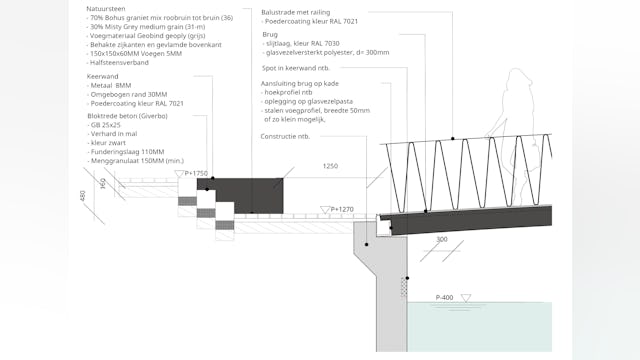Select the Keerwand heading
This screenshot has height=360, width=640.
[x=105, y=76]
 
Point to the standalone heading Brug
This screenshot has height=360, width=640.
[x=266, y=33]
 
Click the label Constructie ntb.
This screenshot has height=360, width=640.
[x=285, y=136]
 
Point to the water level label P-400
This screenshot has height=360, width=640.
[x=447, y=297]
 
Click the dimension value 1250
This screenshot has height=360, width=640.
[x=330, y=166]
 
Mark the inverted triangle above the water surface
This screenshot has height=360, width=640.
[x=467, y=297]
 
